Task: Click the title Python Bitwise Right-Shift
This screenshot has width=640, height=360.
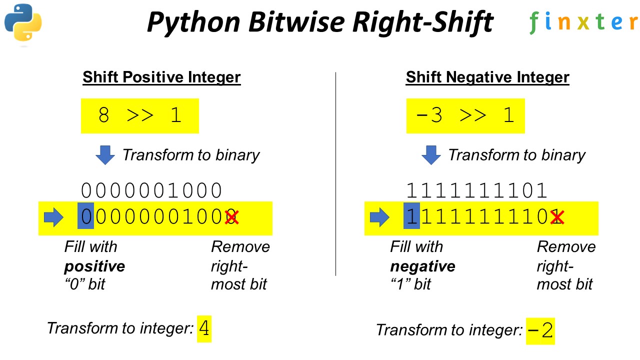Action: pos(320,22)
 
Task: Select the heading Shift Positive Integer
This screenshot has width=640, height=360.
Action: pos(161,77)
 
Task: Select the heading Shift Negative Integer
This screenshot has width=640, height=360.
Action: pos(487,77)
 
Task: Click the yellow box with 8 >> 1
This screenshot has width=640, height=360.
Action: pos(140,115)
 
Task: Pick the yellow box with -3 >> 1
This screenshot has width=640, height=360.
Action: pos(465,115)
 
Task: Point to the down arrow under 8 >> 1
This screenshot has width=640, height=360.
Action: pos(105,155)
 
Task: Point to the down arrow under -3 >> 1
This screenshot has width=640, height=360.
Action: pos(431,155)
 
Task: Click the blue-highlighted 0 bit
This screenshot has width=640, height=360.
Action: pos(85,217)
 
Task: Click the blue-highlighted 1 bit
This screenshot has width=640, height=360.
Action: pos(411,217)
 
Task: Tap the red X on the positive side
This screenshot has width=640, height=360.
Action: pos(231,217)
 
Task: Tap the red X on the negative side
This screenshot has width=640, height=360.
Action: pos(557,217)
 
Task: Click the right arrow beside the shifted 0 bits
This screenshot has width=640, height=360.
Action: pos(54,217)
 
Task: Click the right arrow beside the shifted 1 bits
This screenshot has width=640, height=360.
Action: pos(379,217)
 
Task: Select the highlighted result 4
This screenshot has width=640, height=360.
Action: pos(204,328)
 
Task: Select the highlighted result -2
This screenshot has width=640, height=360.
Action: pos(540,330)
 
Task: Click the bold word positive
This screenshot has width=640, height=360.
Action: pos(94,266)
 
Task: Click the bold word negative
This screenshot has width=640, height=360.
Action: pos(422,266)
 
